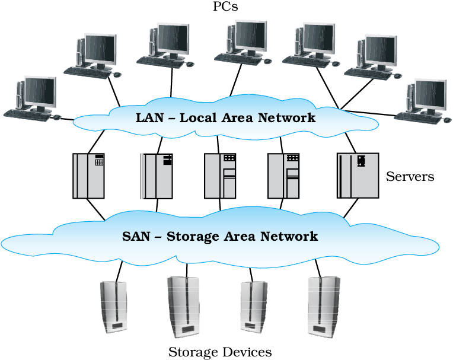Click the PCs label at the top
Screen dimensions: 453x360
point(225,7)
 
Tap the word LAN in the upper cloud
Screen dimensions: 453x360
point(149,118)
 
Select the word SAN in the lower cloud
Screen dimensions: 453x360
point(136,236)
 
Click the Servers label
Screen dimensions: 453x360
point(410,177)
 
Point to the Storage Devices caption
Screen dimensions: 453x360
point(220,352)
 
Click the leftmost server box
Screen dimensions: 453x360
point(88,176)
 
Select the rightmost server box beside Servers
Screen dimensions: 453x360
point(358,176)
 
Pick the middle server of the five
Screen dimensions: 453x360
point(220,176)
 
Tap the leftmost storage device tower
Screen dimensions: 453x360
point(113,307)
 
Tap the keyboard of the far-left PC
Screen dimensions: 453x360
point(27,115)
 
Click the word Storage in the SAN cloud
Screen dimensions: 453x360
point(193,237)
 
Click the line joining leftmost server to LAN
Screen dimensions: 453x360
point(96,142)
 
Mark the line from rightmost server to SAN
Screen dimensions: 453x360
point(351,208)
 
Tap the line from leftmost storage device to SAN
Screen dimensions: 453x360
point(119,271)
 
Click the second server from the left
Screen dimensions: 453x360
point(157,176)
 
